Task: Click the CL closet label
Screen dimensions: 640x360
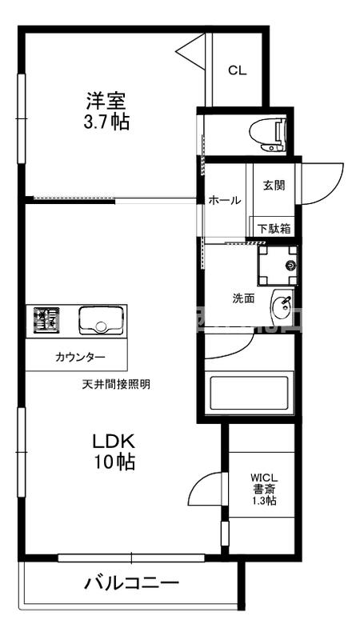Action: (237, 70)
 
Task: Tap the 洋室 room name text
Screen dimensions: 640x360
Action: (107, 102)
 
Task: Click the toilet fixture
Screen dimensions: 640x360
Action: (267, 134)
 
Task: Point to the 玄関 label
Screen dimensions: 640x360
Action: (274, 186)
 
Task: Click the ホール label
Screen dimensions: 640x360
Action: (224, 201)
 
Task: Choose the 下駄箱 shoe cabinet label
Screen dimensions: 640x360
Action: (274, 227)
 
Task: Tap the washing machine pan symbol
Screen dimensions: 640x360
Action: (277, 265)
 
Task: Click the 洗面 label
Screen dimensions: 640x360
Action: (243, 298)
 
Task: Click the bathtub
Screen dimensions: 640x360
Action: (247, 393)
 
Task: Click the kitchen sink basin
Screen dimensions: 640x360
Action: (100, 322)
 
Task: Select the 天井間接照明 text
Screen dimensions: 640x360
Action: (116, 384)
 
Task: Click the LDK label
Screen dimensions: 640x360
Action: (112, 441)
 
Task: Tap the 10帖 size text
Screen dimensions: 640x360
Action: (113, 462)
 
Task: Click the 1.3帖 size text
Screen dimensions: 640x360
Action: (265, 501)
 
